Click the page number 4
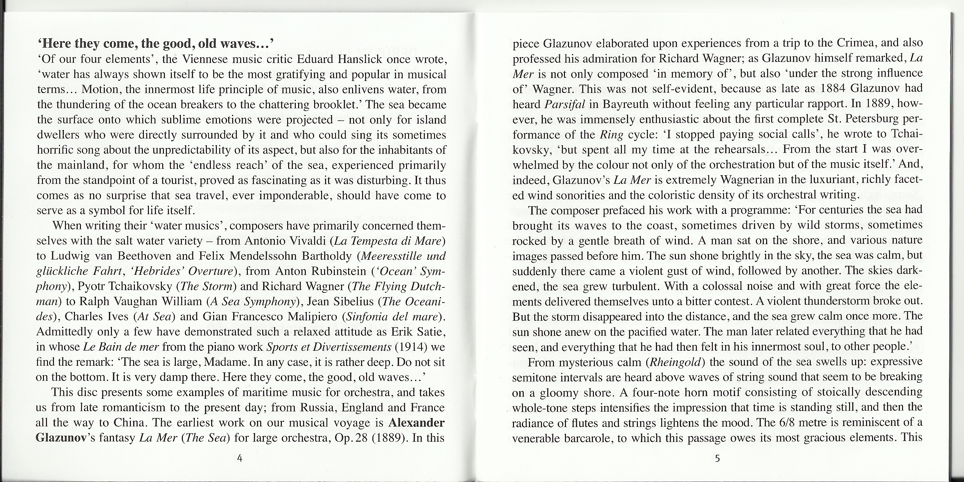click(x=240, y=458)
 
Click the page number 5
click(x=717, y=458)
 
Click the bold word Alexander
click(x=416, y=423)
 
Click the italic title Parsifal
click(x=565, y=104)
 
